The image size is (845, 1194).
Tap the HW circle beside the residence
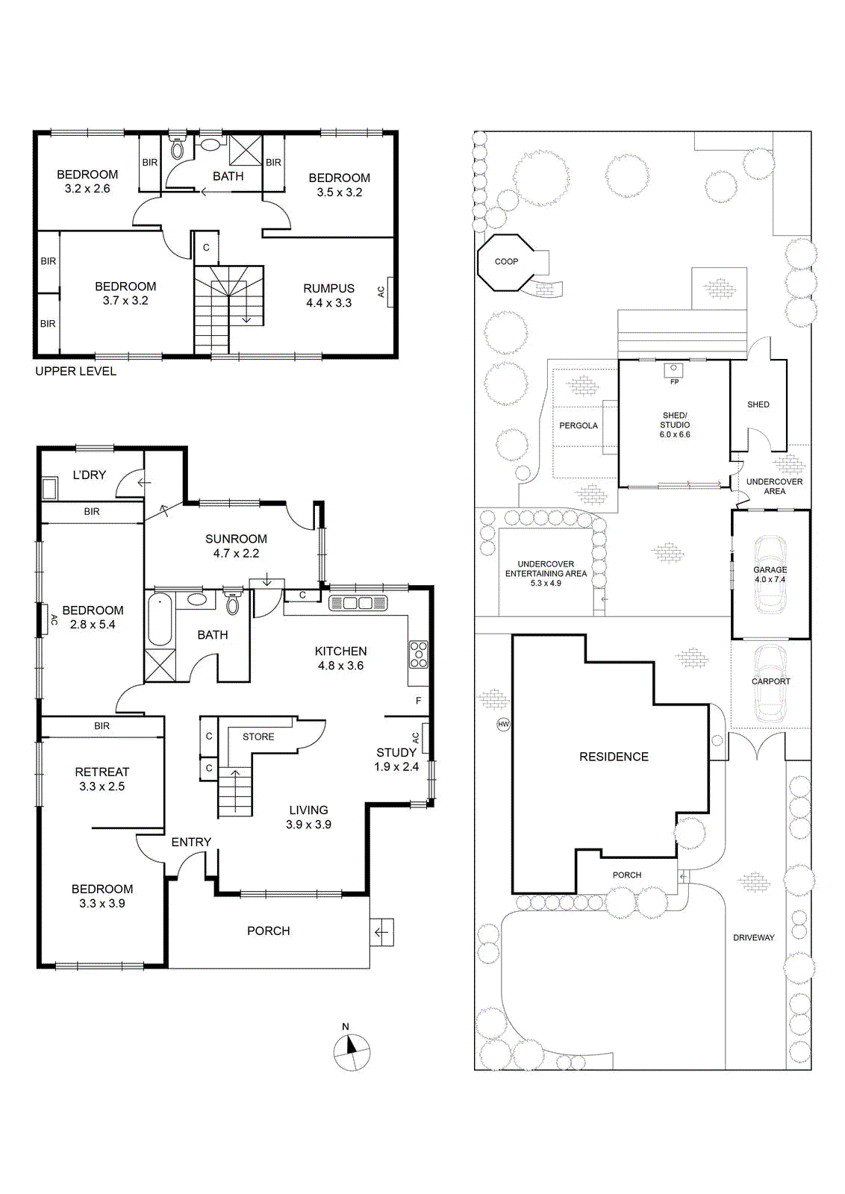(x=503, y=724)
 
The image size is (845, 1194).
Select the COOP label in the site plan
(x=506, y=261)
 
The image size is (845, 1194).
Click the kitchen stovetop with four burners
(x=419, y=654)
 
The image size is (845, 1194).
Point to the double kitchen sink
(x=358, y=603)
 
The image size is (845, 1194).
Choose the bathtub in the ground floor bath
(x=160, y=620)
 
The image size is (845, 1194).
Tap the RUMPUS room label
(x=329, y=288)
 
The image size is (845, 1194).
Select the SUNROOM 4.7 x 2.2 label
(x=236, y=546)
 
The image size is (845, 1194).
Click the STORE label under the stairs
(x=258, y=737)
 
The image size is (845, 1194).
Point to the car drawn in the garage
(x=770, y=574)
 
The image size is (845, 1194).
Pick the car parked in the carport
(x=771, y=683)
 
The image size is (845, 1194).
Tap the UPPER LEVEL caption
(x=75, y=371)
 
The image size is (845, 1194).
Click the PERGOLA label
(x=578, y=425)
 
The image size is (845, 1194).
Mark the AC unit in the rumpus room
(x=390, y=292)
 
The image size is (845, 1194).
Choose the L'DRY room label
(x=89, y=475)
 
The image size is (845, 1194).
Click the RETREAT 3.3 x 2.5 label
(x=102, y=779)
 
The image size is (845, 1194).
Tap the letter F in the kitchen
(x=418, y=701)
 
